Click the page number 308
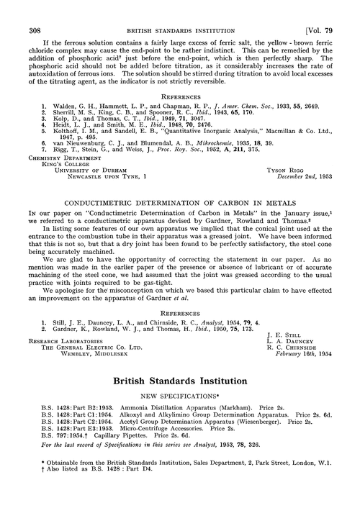33,9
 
